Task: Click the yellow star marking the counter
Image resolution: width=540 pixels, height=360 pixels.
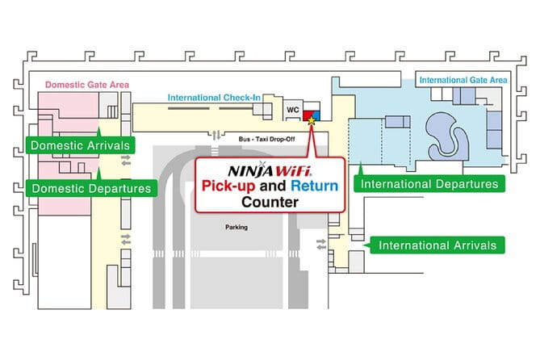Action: click(x=312, y=119)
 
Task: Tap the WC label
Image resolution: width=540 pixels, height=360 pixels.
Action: click(x=293, y=107)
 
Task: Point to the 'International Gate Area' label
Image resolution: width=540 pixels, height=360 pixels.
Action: click(x=462, y=80)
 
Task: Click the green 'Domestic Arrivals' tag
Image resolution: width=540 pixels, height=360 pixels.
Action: click(x=79, y=146)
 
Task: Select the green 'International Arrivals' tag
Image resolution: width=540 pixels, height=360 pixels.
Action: click(x=437, y=245)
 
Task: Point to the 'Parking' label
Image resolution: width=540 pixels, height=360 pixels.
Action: click(x=236, y=228)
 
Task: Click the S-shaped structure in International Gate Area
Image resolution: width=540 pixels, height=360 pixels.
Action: click(x=446, y=132)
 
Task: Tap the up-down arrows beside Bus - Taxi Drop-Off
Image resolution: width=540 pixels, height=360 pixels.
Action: click(x=215, y=135)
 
